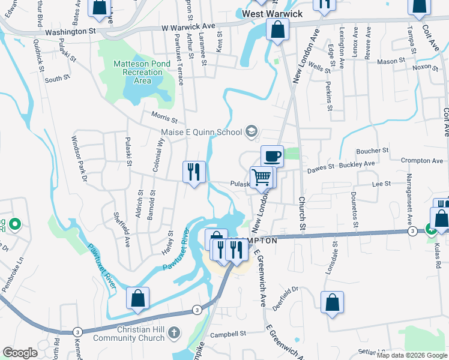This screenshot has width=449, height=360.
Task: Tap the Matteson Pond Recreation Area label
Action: click(x=138, y=72)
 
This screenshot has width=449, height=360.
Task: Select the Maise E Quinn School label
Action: click(x=200, y=132)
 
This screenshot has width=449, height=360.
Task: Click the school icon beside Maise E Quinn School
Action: click(x=252, y=132)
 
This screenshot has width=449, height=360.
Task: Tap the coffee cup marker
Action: click(x=272, y=156)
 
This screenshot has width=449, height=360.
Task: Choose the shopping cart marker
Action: click(x=262, y=178)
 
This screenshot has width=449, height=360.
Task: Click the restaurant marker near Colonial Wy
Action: click(x=194, y=172)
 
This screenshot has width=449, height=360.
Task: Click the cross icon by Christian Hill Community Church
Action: click(x=173, y=332)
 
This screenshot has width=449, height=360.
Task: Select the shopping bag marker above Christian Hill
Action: click(x=138, y=298)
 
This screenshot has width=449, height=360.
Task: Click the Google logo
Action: click(x=20, y=353)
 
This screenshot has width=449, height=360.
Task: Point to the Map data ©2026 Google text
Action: click(x=412, y=355)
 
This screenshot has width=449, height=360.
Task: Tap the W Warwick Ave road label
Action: click(x=188, y=27)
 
